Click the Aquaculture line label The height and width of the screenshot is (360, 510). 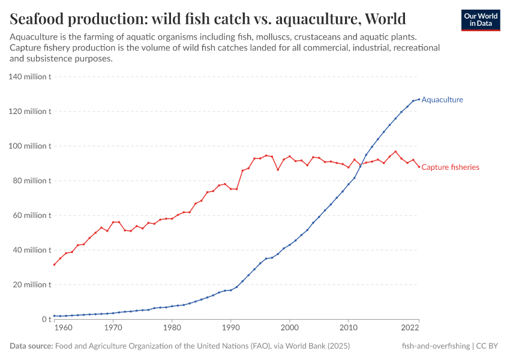(442, 100)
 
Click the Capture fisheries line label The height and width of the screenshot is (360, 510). (450, 167)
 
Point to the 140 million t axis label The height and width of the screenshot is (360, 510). (30, 77)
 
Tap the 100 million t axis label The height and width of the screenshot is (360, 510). (30, 146)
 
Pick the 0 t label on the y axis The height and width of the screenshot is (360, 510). (46, 319)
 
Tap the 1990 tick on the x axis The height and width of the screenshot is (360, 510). (230, 328)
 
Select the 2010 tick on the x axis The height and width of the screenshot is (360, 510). (348, 328)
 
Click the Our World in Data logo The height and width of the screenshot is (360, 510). (480, 20)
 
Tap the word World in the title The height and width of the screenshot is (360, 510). (385, 19)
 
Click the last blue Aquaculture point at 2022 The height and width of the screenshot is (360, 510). (419, 99)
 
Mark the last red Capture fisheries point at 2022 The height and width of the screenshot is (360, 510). (419, 167)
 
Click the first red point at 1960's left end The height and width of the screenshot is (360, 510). (55, 265)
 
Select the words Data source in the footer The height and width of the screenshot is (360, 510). (31, 346)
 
